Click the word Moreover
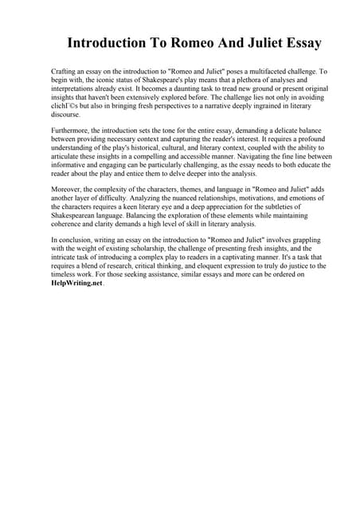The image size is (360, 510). (67, 190)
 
